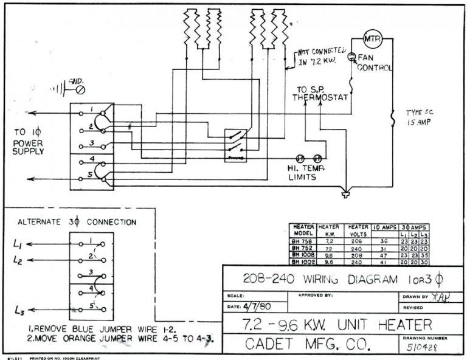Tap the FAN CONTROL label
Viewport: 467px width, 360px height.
(375, 63)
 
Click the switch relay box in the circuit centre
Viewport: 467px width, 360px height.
(235, 145)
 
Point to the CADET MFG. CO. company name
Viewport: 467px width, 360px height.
(308, 344)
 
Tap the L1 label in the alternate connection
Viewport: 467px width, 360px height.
(18, 244)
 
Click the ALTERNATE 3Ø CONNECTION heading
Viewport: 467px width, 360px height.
(77, 222)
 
